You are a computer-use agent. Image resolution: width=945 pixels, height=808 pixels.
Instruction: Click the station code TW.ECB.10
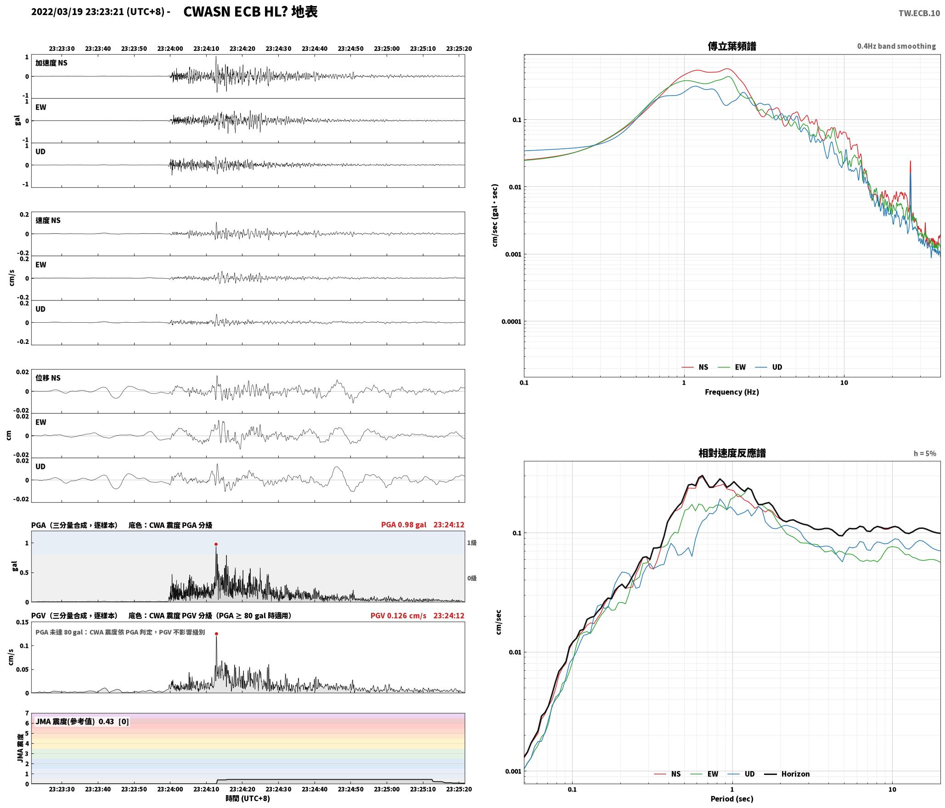[919, 13]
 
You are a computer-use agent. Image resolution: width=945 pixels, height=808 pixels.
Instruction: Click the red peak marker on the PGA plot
[216, 544]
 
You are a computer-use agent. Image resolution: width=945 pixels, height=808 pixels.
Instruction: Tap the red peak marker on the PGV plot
[216, 634]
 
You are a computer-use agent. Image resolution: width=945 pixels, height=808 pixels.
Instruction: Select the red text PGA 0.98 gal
[404, 525]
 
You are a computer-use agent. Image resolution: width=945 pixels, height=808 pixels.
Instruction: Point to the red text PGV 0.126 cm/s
[398, 616]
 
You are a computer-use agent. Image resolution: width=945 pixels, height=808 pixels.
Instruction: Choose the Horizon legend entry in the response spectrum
[787, 774]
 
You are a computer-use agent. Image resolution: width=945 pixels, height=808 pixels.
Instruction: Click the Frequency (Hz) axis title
[732, 392]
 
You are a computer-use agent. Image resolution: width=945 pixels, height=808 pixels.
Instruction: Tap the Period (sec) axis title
[732, 799]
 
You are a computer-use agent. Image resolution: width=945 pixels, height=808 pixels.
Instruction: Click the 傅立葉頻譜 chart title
[732, 46]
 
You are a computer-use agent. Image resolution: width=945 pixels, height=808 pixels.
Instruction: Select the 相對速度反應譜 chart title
[732, 453]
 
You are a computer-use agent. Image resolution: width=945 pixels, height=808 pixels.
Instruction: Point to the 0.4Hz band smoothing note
[896, 46]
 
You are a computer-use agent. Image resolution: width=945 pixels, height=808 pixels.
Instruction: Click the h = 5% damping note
[925, 454]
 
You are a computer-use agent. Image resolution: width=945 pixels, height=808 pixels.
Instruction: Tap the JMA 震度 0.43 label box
[82, 722]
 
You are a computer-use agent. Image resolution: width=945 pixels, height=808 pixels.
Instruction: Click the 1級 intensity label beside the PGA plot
[472, 543]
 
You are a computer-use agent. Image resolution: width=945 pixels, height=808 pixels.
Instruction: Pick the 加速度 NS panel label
[51, 63]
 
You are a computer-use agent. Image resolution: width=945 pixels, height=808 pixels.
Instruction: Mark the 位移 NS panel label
[48, 378]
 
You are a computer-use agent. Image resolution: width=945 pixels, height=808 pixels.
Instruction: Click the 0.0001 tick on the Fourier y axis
[512, 321]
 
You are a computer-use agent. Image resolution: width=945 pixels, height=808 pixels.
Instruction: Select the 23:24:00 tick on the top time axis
[170, 49]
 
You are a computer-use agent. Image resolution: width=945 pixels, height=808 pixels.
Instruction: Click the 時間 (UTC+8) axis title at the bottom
[248, 799]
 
